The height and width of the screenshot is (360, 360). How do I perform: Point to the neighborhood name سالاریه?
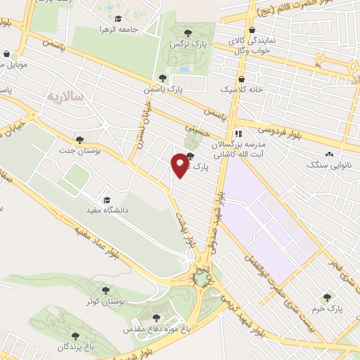pos(65,94)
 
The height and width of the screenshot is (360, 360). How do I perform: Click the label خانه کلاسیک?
pos(243,91)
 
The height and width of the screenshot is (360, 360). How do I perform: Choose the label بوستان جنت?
pos(98,150)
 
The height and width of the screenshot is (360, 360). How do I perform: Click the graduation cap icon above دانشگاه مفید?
pos(106,199)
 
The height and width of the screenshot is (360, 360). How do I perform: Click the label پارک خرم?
pos(326,308)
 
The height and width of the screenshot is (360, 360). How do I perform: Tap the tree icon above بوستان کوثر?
pos(105,288)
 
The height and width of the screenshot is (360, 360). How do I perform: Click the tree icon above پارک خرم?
pos(326,297)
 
